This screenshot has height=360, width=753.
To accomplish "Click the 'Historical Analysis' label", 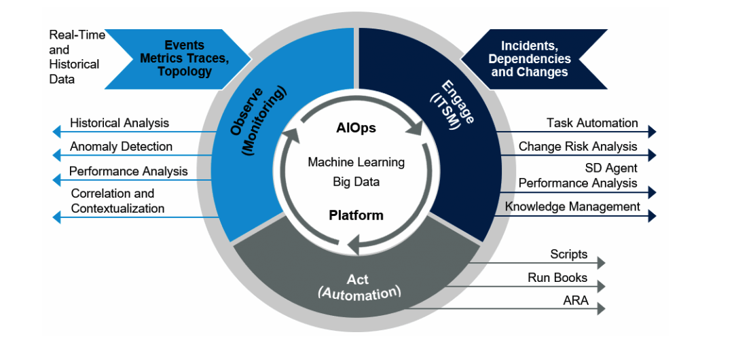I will point(120,123).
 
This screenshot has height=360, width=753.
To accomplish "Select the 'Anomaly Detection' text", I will point(121,146).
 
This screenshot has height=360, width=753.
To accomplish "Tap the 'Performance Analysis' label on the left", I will point(128,171).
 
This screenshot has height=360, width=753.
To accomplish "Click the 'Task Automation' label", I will point(592,123).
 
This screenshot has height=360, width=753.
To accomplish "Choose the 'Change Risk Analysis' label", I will point(578,146).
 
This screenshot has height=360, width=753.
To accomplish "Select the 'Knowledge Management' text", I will point(572,206).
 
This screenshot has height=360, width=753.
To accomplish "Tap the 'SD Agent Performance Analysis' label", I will point(578,175).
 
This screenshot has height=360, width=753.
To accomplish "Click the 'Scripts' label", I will point(568,254).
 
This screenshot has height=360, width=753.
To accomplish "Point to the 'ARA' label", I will point(575,300).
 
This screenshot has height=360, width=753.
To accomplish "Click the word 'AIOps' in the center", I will point(356,128).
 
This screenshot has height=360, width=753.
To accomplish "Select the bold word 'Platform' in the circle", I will point(356,215).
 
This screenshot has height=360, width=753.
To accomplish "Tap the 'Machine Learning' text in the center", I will point(356,162).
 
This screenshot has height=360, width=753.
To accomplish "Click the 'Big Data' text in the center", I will point(356,181).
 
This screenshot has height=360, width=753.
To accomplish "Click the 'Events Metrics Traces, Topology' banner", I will point(184,59).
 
